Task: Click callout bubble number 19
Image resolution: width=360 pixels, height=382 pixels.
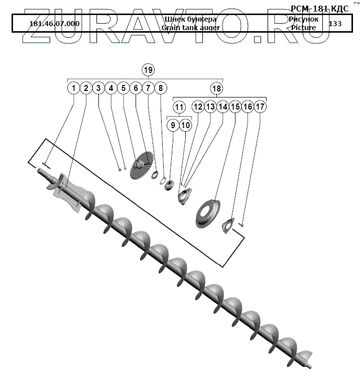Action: pyautogui.click(x=148, y=69)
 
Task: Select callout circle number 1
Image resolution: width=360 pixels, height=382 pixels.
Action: pyautogui.click(x=74, y=88)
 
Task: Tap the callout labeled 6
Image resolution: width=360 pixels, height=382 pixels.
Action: pyautogui.click(x=135, y=88)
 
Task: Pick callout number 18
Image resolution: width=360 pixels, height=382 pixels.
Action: pyautogui.click(x=216, y=88)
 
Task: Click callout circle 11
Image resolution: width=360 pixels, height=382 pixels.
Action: pyautogui.click(x=179, y=107)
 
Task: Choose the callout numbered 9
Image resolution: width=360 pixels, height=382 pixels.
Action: pyautogui.click(x=173, y=125)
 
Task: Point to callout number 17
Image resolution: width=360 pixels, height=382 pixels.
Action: pyautogui.click(x=259, y=107)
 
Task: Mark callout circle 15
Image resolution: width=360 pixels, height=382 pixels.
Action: pyautogui.click(x=234, y=107)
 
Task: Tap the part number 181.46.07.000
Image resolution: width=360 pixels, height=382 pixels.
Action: pyautogui.click(x=54, y=24)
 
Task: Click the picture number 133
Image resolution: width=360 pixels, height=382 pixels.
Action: pyautogui.click(x=334, y=24)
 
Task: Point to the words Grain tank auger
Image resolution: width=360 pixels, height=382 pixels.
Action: pyautogui.click(x=190, y=28)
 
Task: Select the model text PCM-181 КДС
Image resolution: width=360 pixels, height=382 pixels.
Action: pyautogui.click(x=319, y=9)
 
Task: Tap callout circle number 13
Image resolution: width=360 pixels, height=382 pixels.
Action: pyautogui.click(x=210, y=107)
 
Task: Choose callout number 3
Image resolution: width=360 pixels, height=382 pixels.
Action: pyautogui.click(x=98, y=88)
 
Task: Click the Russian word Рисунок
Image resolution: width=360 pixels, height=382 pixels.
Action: pyautogui.click(x=303, y=19)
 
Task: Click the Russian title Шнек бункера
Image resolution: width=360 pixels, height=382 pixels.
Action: pyautogui.click(x=190, y=19)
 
